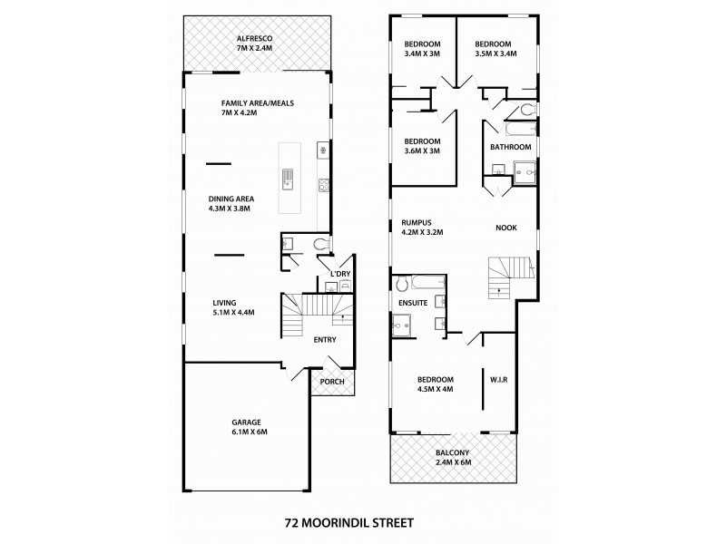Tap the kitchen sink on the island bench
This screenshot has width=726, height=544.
pyautogui.click(x=288, y=178)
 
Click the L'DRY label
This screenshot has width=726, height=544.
pyautogui.click(x=340, y=274)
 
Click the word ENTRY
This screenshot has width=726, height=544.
pyautogui.click(x=324, y=340)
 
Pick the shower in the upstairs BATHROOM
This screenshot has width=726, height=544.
pyautogui.click(x=524, y=170)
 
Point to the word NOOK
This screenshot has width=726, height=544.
pyautogui.click(x=505, y=228)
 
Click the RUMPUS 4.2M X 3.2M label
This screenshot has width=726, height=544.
pyautogui.click(x=420, y=227)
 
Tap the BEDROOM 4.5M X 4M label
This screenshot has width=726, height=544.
pyautogui.click(x=435, y=384)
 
